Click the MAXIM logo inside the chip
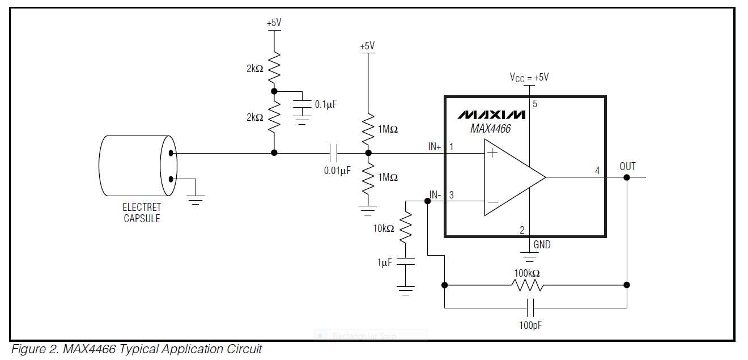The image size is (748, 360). pos(491,115)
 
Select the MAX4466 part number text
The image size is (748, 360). pos(490,129)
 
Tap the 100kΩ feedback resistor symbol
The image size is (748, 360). pos(528,285)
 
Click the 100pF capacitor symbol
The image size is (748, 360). pos(531,308)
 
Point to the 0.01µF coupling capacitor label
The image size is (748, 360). pos(337,170)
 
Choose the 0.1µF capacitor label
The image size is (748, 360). pos(326,104)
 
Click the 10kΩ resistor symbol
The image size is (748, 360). pos(406,228)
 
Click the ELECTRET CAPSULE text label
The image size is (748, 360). pos(142,213)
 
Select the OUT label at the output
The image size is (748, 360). pos(627,166)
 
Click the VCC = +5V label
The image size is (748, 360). pos(529,77)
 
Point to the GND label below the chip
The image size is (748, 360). pos(542,245)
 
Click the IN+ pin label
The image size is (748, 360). pos(435,146)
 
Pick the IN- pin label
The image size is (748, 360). pos(435,195)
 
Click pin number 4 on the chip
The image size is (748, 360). pos(597,170)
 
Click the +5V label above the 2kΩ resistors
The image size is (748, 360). pos(274,23)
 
